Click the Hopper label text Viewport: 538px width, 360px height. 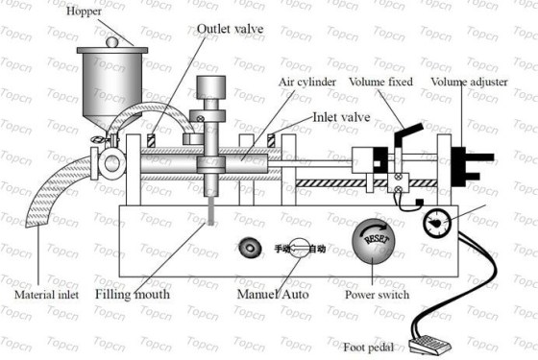pos(84,11)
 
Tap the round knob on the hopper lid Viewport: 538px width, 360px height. pos(112,42)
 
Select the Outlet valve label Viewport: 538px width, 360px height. pos(231,29)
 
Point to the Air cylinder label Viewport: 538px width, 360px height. pos(307,83)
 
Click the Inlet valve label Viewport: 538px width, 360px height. pos(341,117)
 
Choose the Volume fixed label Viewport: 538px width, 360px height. pos(380,82)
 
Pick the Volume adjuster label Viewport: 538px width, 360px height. pos(469,82)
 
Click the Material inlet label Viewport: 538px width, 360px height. pos(47,294)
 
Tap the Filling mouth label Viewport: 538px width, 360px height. pos(133,294)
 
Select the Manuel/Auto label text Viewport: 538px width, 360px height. pos(273,294)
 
